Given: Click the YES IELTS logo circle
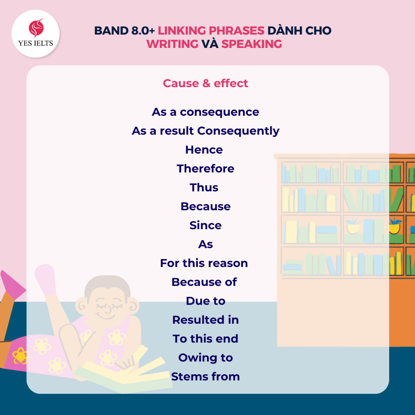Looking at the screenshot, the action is [36, 34].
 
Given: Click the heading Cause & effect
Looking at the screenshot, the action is [205, 83].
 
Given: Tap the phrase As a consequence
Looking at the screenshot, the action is [205, 112].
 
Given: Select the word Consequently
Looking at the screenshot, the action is [238, 131].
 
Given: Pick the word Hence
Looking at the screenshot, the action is [204, 150].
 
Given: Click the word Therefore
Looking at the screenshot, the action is [205, 169].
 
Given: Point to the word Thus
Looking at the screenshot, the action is [204, 187].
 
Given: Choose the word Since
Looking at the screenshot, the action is [205, 225].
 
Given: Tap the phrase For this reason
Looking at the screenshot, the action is [204, 263].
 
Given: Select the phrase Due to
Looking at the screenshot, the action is [205, 301].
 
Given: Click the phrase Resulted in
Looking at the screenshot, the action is [205, 320].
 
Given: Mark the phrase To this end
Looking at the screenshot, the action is [205, 339].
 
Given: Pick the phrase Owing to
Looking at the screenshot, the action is [205, 358].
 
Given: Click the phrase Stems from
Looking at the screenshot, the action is [205, 376].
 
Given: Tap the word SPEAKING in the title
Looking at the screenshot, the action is [252, 44].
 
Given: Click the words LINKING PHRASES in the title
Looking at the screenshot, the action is [211, 31].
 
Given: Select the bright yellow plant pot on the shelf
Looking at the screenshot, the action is [394, 229].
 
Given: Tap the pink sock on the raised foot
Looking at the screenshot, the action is [46, 279].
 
